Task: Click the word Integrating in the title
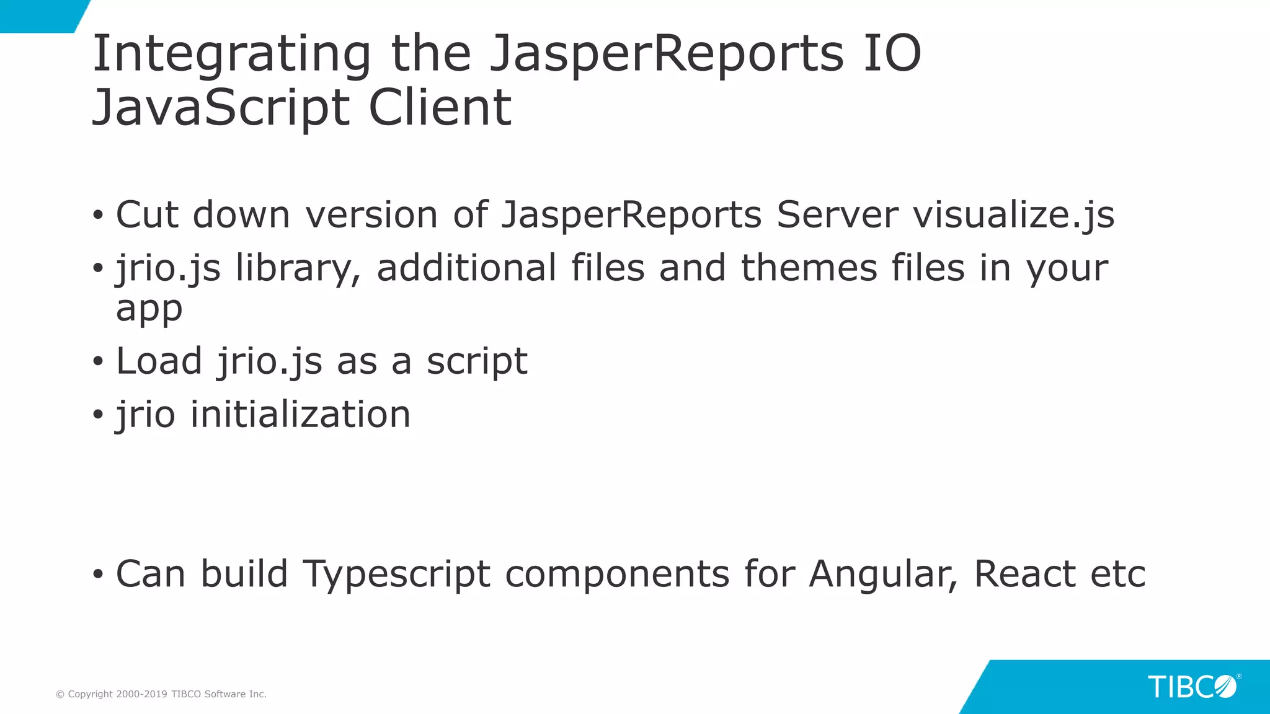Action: [231, 55]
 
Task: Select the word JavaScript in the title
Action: [221, 108]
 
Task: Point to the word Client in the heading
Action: [440, 108]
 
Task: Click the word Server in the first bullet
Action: [837, 215]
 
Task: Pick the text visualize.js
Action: [1013, 215]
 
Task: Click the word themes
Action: [809, 268]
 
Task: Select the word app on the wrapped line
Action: [149, 309]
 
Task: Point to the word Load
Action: [159, 361]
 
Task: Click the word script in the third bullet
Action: [477, 361]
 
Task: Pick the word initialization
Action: [300, 414]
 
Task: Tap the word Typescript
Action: [396, 575]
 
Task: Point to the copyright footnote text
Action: [161, 694]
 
